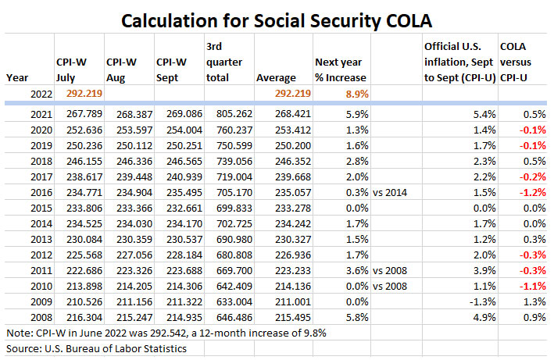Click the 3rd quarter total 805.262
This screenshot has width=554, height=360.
(x=226, y=115)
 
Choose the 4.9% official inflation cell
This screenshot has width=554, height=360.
(x=481, y=319)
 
